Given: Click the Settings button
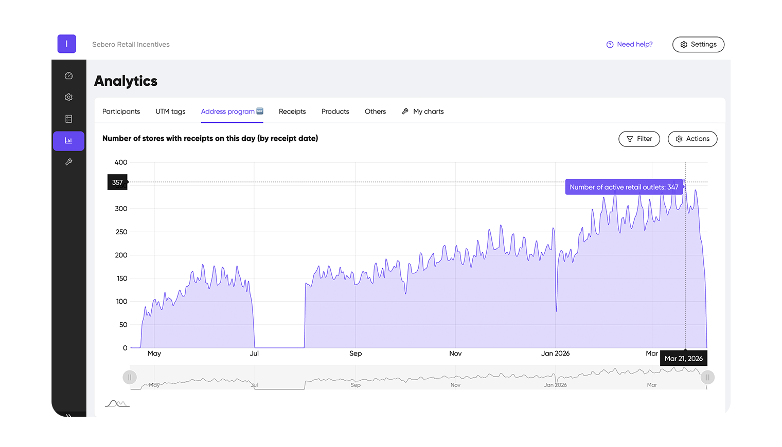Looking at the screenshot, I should pyautogui.click(x=698, y=45).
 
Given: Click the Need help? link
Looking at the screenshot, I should pyautogui.click(x=630, y=45).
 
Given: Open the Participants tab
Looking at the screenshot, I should pyautogui.click(x=121, y=111).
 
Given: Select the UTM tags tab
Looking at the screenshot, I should pyautogui.click(x=170, y=111).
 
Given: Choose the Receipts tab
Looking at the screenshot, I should pyautogui.click(x=292, y=111).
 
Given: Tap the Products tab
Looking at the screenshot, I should pyautogui.click(x=335, y=111).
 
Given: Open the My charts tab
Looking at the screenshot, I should pyautogui.click(x=423, y=111).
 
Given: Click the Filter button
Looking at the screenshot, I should pyautogui.click(x=639, y=139).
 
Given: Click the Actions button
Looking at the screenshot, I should pyautogui.click(x=692, y=139).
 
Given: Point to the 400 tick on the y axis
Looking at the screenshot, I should pyautogui.click(x=121, y=162).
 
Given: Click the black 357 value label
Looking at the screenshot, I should pyautogui.click(x=117, y=182).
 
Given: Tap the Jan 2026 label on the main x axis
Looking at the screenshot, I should pyautogui.click(x=555, y=353).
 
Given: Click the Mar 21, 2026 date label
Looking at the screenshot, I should pyautogui.click(x=683, y=359).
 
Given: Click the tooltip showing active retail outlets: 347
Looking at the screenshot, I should pyautogui.click(x=624, y=187).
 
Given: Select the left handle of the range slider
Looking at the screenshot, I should pyautogui.click(x=130, y=378).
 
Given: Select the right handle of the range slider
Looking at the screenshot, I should pyautogui.click(x=707, y=378).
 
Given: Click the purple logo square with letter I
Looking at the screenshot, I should pyautogui.click(x=67, y=44).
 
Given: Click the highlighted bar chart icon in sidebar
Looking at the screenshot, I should pyautogui.click(x=68, y=141).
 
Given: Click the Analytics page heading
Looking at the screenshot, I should pyautogui.click(x=126, y=81).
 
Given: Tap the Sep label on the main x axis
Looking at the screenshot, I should pyautogui.click(x=356, y=353).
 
